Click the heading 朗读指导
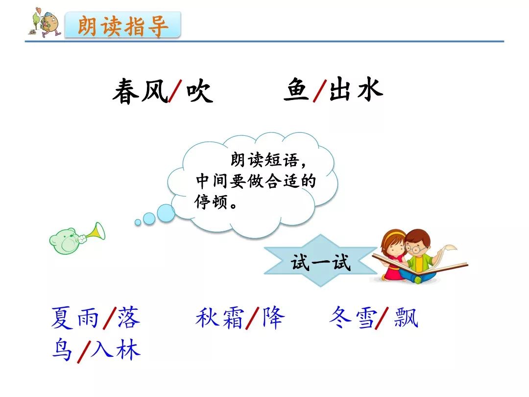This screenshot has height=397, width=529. click(x=123, y=26)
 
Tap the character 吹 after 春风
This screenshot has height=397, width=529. click(x=200, y=91)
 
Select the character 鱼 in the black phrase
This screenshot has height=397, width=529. click(x=296, y=89)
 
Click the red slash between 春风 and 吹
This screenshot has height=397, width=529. click(x=175, y=91)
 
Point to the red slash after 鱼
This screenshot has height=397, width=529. click(x=320, y=91)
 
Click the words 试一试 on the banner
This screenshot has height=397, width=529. click(x=320, y=262)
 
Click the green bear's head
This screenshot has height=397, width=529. click(x=65, y=241)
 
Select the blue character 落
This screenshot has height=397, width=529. click(x=128, y=317)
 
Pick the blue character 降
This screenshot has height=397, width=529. click(x=274, y=317)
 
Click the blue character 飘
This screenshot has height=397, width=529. click(x=406, y=317)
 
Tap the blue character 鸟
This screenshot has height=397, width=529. click(x=62, y=349)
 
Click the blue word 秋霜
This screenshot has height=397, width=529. click(x=219, y=317)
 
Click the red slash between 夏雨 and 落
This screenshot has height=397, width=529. click(x=110, y=318)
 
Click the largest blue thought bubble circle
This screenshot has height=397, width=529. click(x=166, y=213)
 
